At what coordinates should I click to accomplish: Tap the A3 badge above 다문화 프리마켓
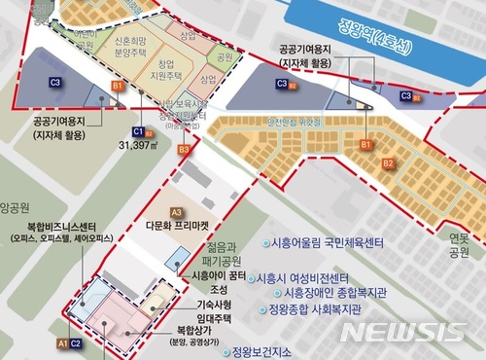click(x=176, y=211)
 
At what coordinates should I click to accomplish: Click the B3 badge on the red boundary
click(x=184, y=149)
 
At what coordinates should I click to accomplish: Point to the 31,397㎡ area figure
click(x=143, y=144)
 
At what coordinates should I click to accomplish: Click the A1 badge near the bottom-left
click(x=61, y=343)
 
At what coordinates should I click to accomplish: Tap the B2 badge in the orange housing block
click(x=387, y=163)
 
